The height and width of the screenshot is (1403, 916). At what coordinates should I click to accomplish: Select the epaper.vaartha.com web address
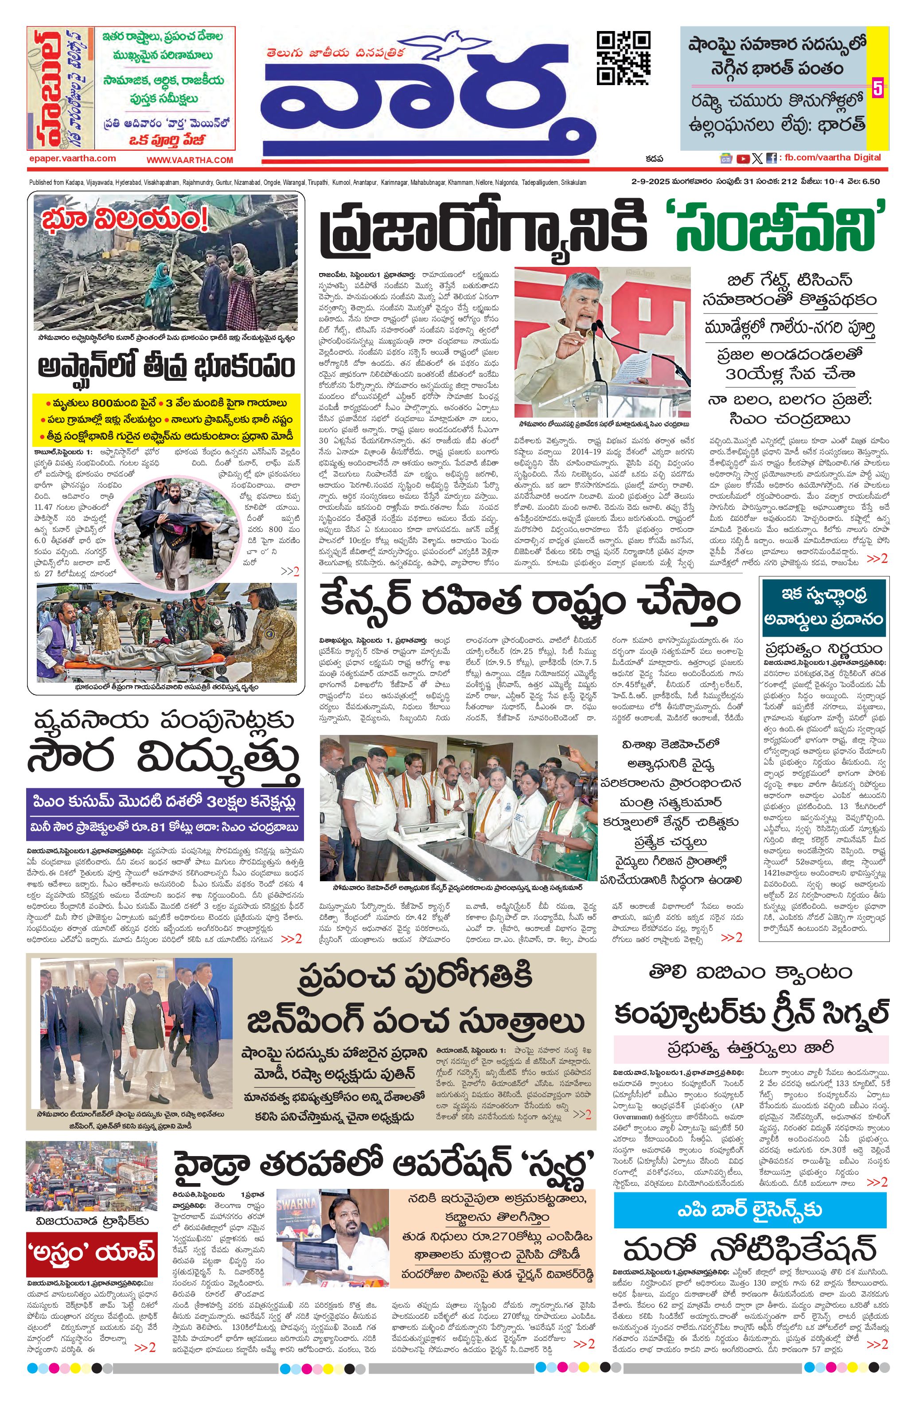coord(72,158)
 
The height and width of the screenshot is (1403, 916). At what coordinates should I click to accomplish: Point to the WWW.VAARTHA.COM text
coord(189,160)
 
